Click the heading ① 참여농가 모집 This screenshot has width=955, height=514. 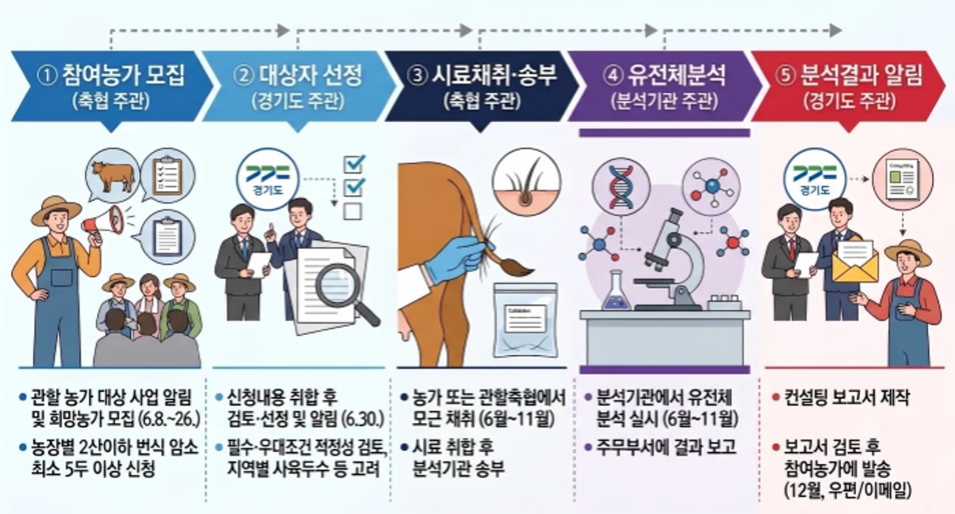[111, 75]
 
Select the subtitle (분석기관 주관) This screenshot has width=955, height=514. [664, 102]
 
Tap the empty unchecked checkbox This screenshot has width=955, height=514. [353, 211]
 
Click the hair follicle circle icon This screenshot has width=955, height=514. [527, 182]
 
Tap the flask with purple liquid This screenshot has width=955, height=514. [616, 291]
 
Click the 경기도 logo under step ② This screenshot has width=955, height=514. [268, 180]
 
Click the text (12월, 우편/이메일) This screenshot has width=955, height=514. [848, 491]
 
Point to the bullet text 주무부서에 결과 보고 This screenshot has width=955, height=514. [666, 447]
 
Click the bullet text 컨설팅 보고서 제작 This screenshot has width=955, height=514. [847, 398]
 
